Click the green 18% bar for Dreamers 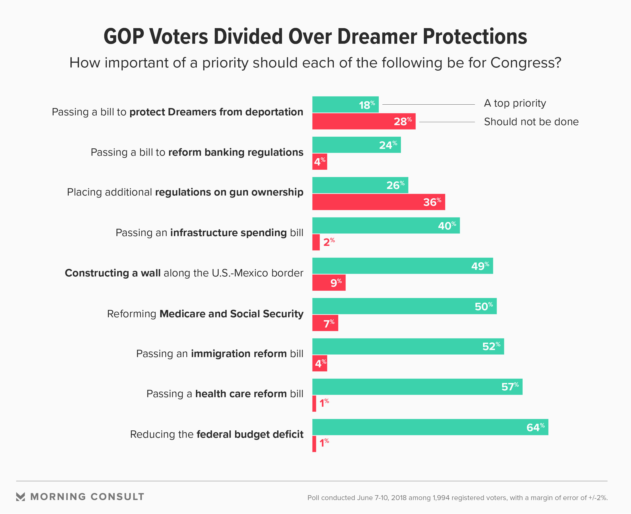pyautogui.click(x=345, y=105)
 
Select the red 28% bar pyautogui.click(x=363, y=121)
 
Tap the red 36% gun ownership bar pyautogui.click(x=378, y=202)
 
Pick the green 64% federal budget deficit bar pyautogui.click(x=430, y=427)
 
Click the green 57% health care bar pyautogui.click(x=417, y=387)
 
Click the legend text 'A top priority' pyautogui.click(x=515, y=103)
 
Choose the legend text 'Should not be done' pyautogui.click(x=531, y=122)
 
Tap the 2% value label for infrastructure pyautogui.click(x=329, y=242)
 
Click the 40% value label pyautogui.click(x=447, y=226)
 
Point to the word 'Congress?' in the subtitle pyautogui.click(x=526, y=63)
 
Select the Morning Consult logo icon pyautogui.click(x=21, y=497)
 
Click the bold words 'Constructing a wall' pyautogui.click(x=113, y=273)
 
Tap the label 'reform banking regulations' pyautogui.click(x=236, y=152)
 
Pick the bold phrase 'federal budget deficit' pyautogui.click(x=250, y=434)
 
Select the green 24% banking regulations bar pyautogui.click(x=356, y=145)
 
